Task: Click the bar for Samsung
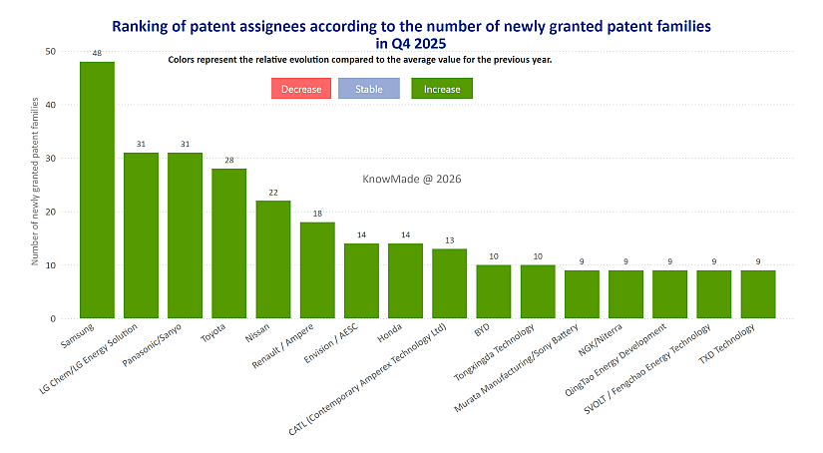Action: pos(97,190)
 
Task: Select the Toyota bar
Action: pos(229,243)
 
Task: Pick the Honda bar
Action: pos(405,280)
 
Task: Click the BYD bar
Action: pos(494,291)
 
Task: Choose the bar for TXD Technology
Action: pos(758,294)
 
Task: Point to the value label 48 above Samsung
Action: pos(97,53)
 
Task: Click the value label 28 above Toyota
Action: pos(229,160)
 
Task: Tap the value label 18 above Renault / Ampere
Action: pos(317,214)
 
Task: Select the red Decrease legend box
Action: pos(301,89)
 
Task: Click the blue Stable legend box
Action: pos(369,89)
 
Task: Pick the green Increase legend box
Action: pos(442,89)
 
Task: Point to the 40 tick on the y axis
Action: pos(51,105)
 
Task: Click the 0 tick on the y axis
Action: pos(54,318)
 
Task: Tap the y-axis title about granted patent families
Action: pos(35,182)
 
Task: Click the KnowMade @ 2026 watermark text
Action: pos(411,179)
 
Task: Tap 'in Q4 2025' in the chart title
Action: pos(411,43)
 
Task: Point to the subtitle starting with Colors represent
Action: pos(360,60)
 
